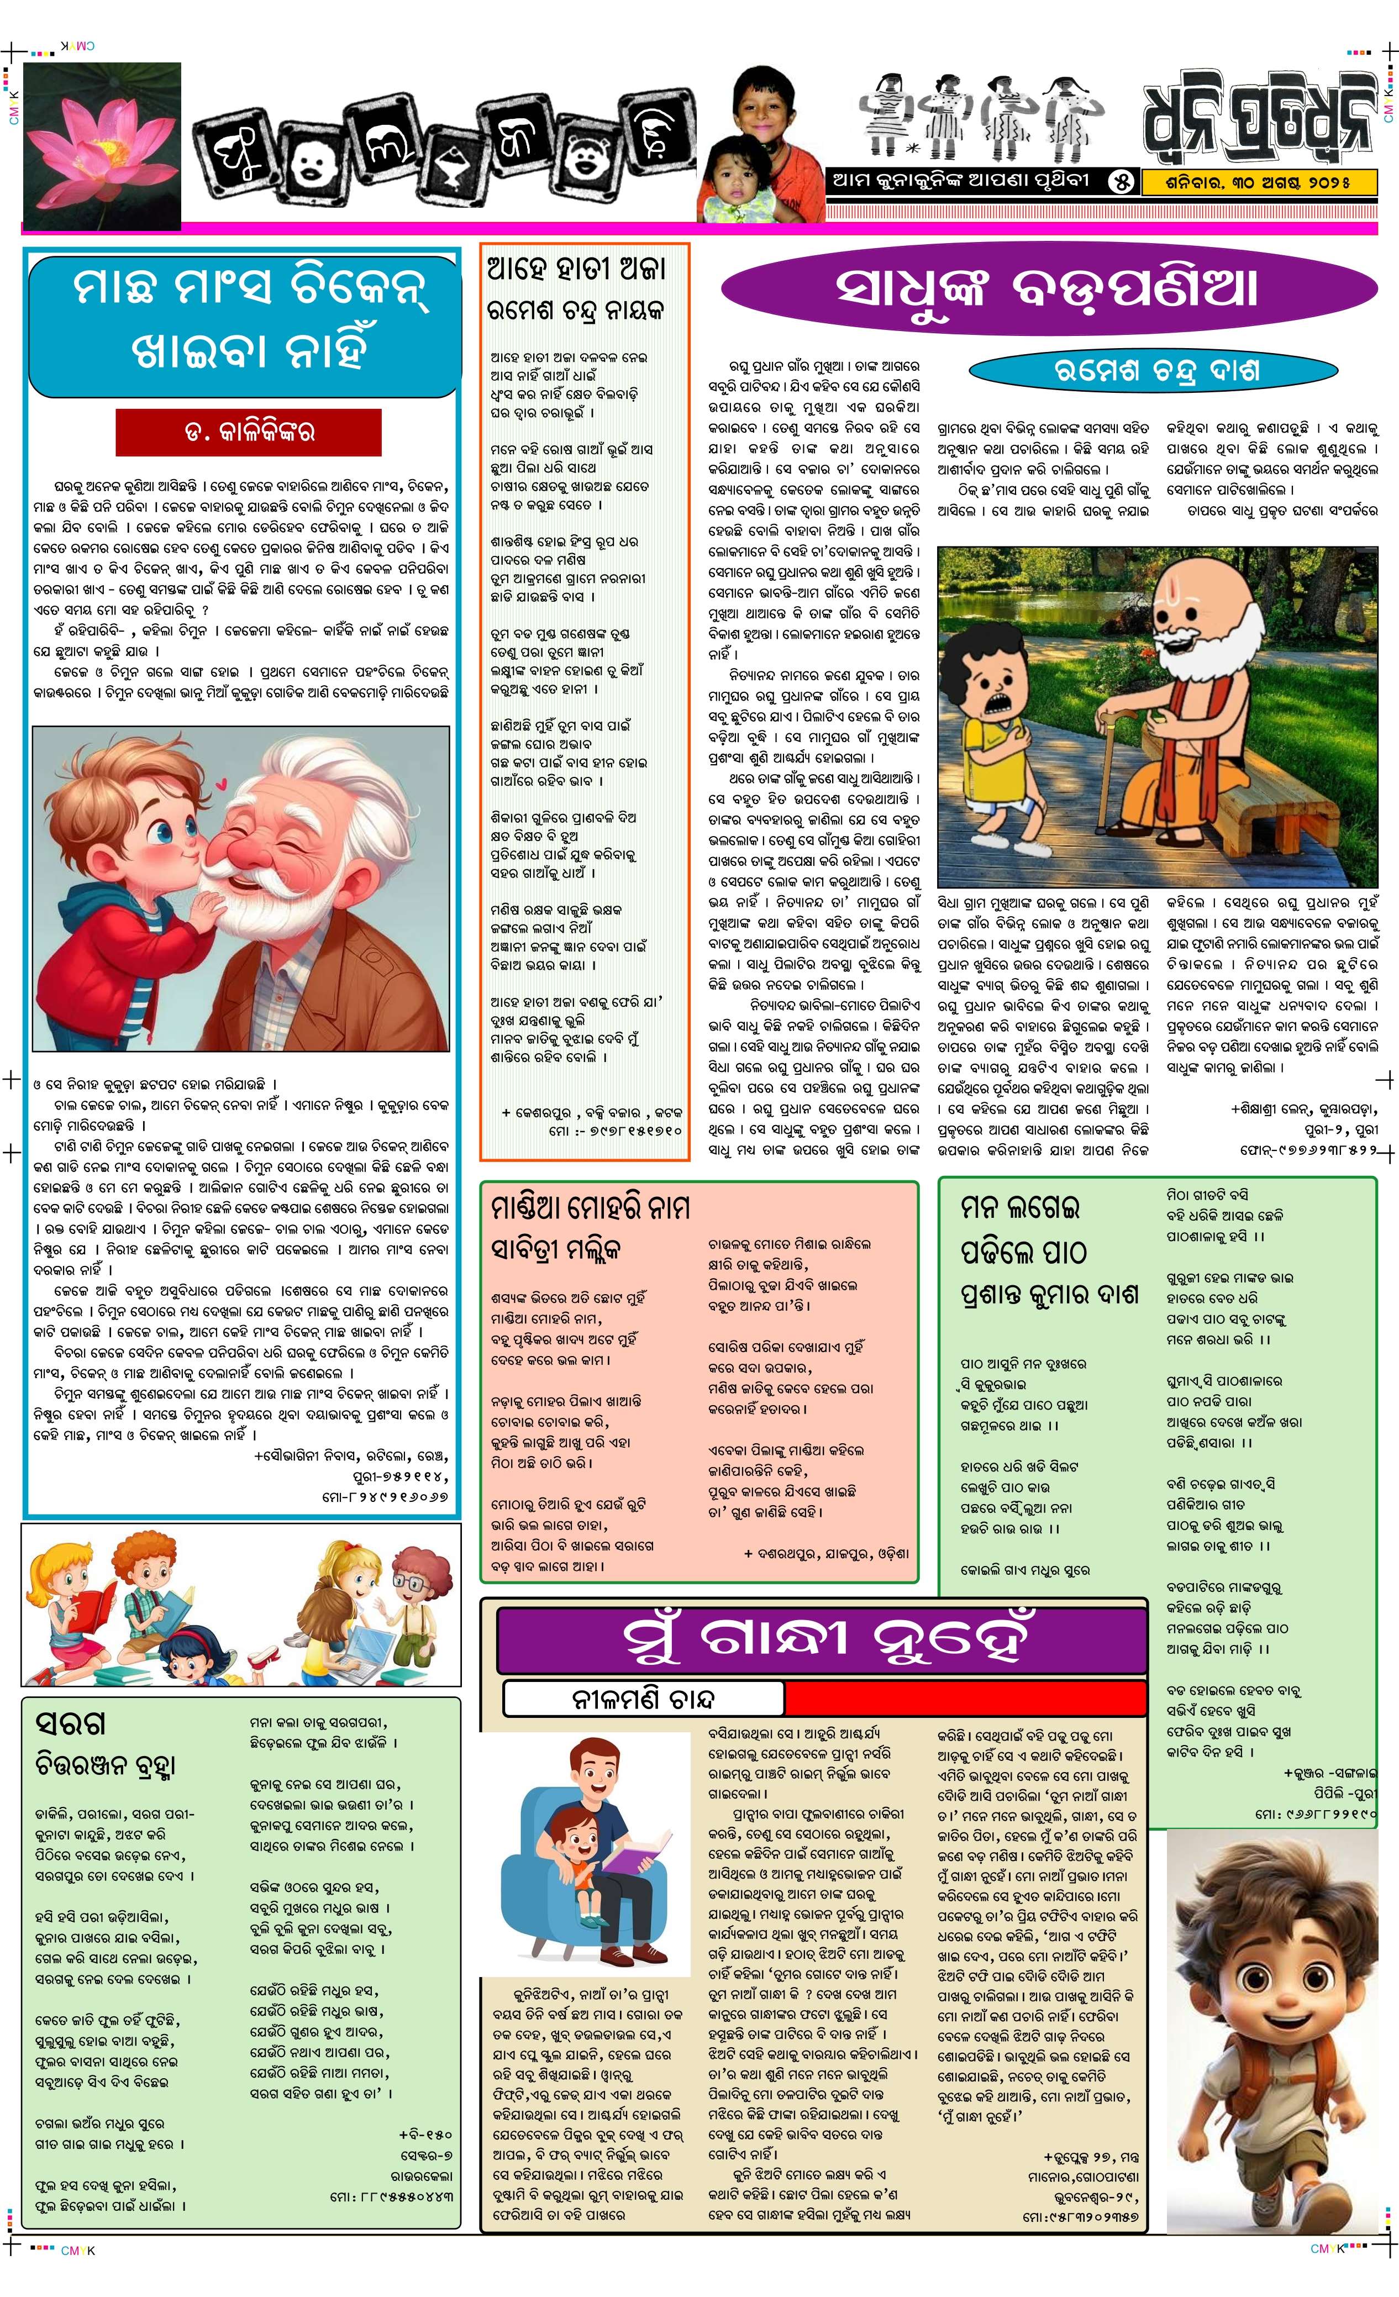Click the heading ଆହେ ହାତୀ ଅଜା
point(576,270)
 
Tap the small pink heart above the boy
point(220,785)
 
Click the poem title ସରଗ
point(70,1723)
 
